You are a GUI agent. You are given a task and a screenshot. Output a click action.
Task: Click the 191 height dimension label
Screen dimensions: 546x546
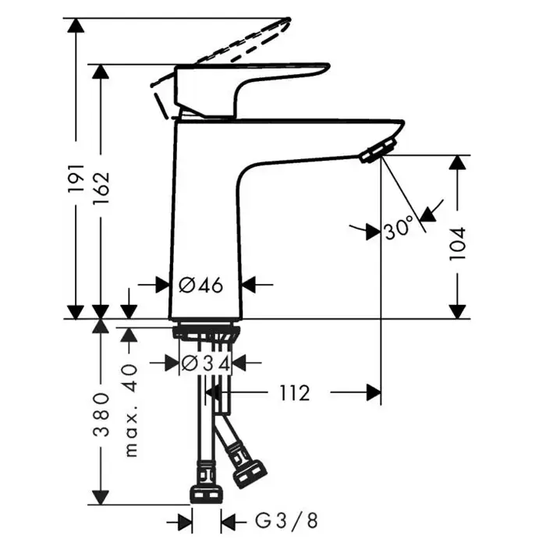[76, 178]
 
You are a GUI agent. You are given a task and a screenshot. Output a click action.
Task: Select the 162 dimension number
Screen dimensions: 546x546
[101, 188]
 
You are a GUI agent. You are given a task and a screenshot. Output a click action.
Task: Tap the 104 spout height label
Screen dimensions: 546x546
[457, 243]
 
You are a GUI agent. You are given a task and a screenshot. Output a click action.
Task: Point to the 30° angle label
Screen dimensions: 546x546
[399, 228]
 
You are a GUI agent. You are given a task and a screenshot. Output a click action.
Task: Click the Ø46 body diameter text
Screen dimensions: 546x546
[201, 285]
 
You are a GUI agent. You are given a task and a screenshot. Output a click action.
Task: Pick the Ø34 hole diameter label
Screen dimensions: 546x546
[206, 364]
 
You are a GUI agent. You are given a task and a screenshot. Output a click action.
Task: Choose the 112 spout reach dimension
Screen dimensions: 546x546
[295, 393]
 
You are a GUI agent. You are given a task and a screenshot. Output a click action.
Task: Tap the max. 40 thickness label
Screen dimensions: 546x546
[130, 411]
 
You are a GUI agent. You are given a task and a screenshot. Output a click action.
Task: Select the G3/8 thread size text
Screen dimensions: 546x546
[286, 521]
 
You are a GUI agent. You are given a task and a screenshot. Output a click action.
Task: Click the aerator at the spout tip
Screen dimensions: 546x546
[378, 151]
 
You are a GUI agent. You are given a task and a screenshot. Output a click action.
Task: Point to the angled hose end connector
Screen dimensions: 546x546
[250, 473]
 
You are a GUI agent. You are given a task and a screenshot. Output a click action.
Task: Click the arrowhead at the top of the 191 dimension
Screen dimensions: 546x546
[76, 26]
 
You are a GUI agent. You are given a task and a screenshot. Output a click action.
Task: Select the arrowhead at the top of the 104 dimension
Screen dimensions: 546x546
[457, 162]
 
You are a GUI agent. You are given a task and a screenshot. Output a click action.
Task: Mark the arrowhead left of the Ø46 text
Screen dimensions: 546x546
[162, 285]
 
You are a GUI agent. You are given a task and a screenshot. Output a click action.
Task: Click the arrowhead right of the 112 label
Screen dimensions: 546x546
[374, 393]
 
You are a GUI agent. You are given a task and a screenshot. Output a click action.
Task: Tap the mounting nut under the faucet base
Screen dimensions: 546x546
[206, 332]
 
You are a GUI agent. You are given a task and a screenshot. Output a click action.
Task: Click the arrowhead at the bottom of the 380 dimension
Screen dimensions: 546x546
[101, 498]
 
